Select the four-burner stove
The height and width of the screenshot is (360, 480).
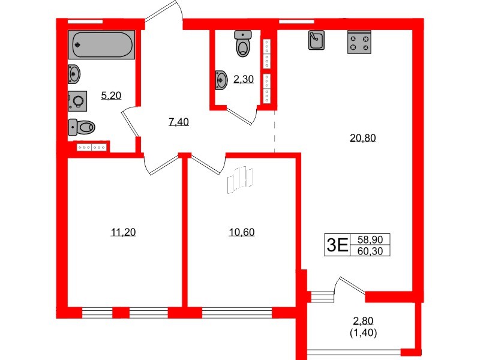click(x=359, y=42)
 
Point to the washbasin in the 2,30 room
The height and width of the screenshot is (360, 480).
click(x=220, y=78)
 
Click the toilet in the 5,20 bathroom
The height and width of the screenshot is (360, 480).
click(x=82, y=127)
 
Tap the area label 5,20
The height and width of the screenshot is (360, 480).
click(x=111, y=95)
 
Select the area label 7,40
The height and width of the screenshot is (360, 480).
click(x=179, y=122)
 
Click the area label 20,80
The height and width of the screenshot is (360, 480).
click(x=362, y=137)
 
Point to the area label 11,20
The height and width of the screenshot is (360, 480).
click(x=124, y=232)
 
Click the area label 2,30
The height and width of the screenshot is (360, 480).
click(x=243, y=79)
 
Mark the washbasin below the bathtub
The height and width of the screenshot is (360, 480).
click(x=74, y=74)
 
